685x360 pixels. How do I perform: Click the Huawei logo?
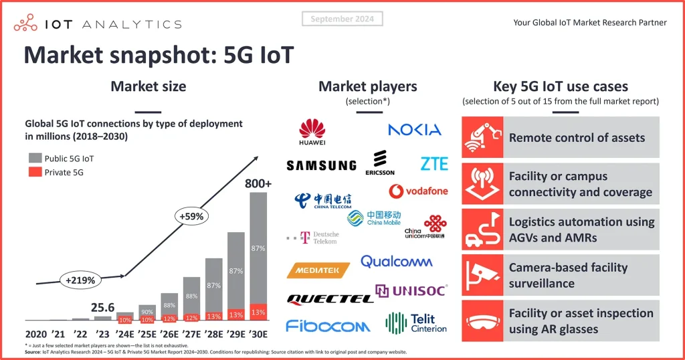click(312, 132)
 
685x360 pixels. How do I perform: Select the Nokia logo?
click(415, 129)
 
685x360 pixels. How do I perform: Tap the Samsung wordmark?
click(321, 165)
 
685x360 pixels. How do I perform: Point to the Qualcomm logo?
click(396, 262)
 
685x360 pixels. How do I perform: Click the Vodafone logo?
click(419, 191)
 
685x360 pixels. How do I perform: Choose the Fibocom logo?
click(328, 326)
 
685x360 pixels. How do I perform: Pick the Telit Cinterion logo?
click(416, 323)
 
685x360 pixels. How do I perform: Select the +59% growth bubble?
click(191, 216)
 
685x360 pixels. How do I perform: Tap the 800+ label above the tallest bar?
click(258, 183)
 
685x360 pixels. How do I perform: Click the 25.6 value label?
click(102, 307)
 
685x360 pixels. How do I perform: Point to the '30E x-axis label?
click(258, 334)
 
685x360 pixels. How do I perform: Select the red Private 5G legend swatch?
click(35, 172)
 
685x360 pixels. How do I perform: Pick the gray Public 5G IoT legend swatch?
click(35, 159)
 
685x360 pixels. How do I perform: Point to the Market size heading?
click(149, 86)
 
